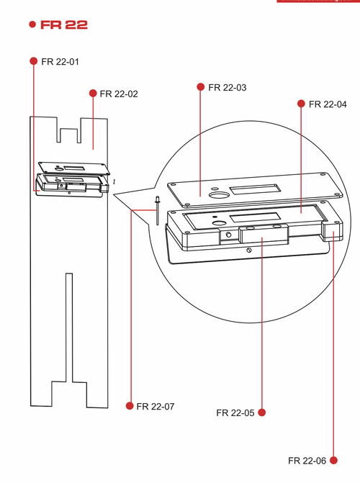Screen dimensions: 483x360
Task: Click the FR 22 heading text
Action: pyautogui.click(x=65, y=24)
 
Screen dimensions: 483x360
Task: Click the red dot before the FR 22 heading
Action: pyautogui.click(x=32, y=24)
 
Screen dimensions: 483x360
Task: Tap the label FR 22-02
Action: pyautogui.click(x=119, y=94)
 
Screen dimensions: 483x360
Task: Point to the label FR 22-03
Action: pyautogui.click(x=227, y=88)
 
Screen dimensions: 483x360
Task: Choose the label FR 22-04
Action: pyautogui.click(x=328, y=104)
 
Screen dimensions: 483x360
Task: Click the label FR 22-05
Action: pyautogui.click(x=235, y=413)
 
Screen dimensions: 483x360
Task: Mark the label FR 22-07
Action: pyautogui.click(x=156, y=407)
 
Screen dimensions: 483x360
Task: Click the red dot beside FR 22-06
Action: pyautogui.click(x=333, y=460)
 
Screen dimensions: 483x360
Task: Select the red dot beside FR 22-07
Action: pyautogui.click(x=130, y=406)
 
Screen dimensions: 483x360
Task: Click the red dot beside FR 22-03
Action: pyautogui.click(x=200, y=87)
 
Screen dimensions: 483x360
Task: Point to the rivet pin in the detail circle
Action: pyautogui.click(x=156, y=212)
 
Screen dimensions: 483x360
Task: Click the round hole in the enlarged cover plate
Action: pyautogui.click(x=217, y=195)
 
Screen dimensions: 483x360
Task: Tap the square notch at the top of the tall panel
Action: pyautogui.click(x=69, y=135)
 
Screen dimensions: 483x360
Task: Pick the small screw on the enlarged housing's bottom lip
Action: pyautogui.click(x=248, y=250)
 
